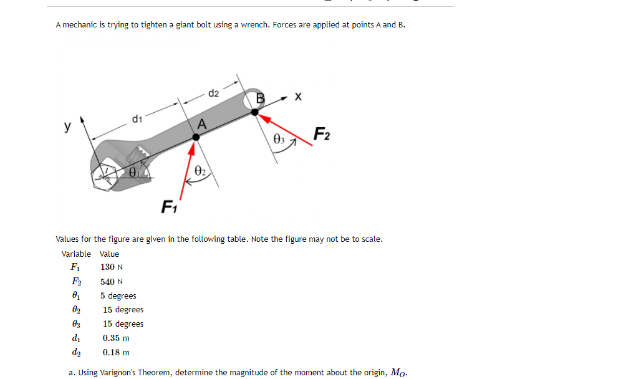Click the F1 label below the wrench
click(x=168, y=206)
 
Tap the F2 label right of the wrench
click(x=322, y=134)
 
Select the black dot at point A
click(x=195, y=142)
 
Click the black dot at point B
click(x=256, y=112)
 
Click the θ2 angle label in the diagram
click(x=199, y=169)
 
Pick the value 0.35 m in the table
click(x=116, y=338)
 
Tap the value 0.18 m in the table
click(x=116, y=352)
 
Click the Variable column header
click(x=76, y=254)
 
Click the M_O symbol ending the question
click(x=398, y=373)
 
